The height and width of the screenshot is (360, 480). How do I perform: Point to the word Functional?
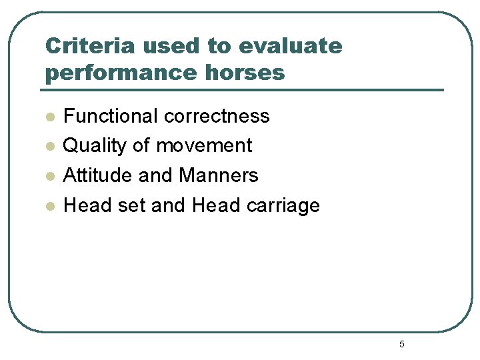coord(110,116)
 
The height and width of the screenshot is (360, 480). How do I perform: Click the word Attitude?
coord(98,175)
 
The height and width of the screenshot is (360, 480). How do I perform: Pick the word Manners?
coord(219,175)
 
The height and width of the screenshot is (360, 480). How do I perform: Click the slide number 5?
coord(402,344)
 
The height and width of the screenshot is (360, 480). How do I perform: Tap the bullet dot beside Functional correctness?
coord(49,117)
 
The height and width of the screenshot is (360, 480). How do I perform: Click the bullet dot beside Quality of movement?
coord(49,147)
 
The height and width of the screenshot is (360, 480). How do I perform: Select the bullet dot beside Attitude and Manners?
coord(49,177)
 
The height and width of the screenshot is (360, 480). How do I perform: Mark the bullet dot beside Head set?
coord(49,207)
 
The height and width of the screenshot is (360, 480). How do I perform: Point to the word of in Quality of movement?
coord(142,146)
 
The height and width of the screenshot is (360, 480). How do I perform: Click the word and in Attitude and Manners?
coord(156,175)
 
